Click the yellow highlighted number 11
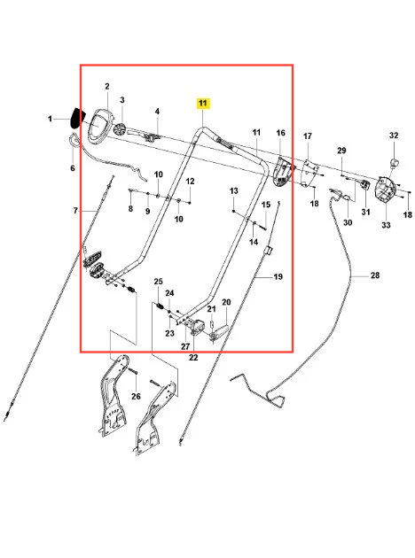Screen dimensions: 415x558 click(202, 104)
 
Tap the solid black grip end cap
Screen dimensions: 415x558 click(78, 119)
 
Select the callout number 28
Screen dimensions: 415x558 click(375, 275)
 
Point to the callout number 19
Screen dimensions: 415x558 click(278, 276)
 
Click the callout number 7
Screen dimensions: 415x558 click(75, 211)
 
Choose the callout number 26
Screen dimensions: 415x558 click(136, 396)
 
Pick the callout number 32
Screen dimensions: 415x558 click(394, 136)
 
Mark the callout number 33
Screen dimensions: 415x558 click(386, 225)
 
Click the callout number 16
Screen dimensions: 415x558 click(281, 133)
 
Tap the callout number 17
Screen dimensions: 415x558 click(308, 136)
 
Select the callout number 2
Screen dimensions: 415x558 click(107, 86)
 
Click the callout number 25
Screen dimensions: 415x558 click(159, 281)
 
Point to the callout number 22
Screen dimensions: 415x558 click(193, 357)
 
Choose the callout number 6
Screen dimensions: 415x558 click(73, 168)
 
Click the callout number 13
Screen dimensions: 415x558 click(234, 190)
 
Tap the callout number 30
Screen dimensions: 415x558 click(348, 222)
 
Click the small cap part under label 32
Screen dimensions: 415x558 click(395, 163)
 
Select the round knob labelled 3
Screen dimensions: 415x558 click(120, 129)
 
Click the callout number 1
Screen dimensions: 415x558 click(50, 119)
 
